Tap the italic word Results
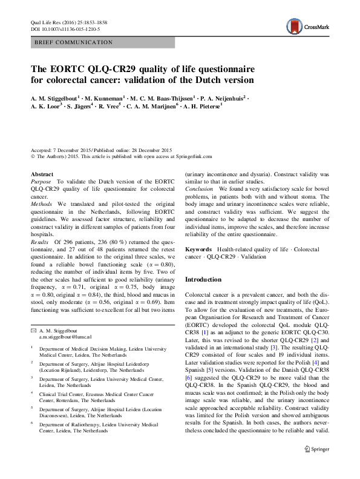(x=41, y=242)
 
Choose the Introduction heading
(x=203, y=280)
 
